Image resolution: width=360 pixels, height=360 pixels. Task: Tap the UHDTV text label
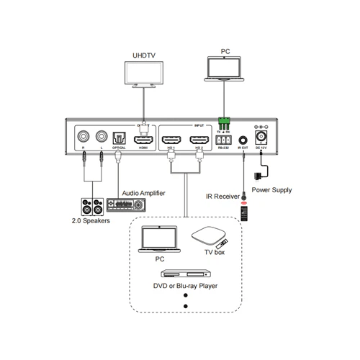(x=144, y=55)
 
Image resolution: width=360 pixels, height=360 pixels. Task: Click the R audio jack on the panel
(x=85, y=135)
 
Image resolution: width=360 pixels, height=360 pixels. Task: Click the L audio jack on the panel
(x=101, y=135)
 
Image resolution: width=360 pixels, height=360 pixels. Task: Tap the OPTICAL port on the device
(x=119, y=136)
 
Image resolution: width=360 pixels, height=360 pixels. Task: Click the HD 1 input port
(x=171, y=136)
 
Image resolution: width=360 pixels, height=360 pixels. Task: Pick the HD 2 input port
(x=199, y=136)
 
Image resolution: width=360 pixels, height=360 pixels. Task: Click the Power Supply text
(x=271, y=189)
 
